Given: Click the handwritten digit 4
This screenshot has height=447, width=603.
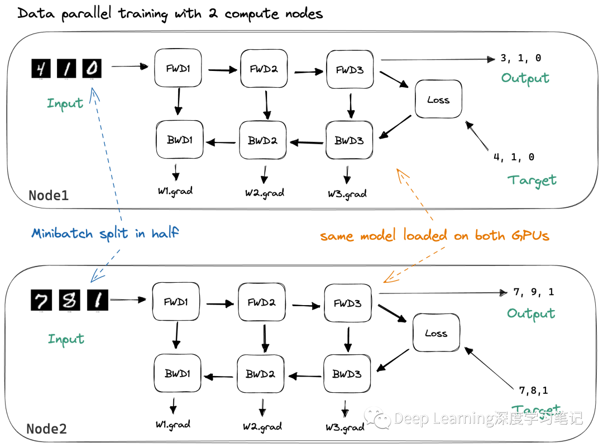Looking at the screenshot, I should [x=40, y=69].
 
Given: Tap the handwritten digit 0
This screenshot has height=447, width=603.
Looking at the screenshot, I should [x=92, y=69].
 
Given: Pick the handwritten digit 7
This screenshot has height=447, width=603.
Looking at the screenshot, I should [x=41, y=301].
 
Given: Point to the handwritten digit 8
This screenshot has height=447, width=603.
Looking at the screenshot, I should [x=69, y=301].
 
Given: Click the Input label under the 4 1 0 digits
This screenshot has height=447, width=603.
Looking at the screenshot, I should [x=65, y=103].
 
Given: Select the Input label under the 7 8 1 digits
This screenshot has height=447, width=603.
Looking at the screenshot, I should [x=66, y=339].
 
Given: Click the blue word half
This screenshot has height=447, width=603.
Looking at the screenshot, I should [x=165, y=234].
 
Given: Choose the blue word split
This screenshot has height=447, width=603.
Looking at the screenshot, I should [x=114, y=234].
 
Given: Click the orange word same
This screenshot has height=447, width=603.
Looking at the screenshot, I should [x=337, y=236].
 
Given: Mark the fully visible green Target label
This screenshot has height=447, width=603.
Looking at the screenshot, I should [x=532, y=180].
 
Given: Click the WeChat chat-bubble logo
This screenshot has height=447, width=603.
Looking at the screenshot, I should [x=377, y=417].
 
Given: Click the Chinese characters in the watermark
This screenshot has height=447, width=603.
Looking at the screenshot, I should [x=538, y=418].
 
